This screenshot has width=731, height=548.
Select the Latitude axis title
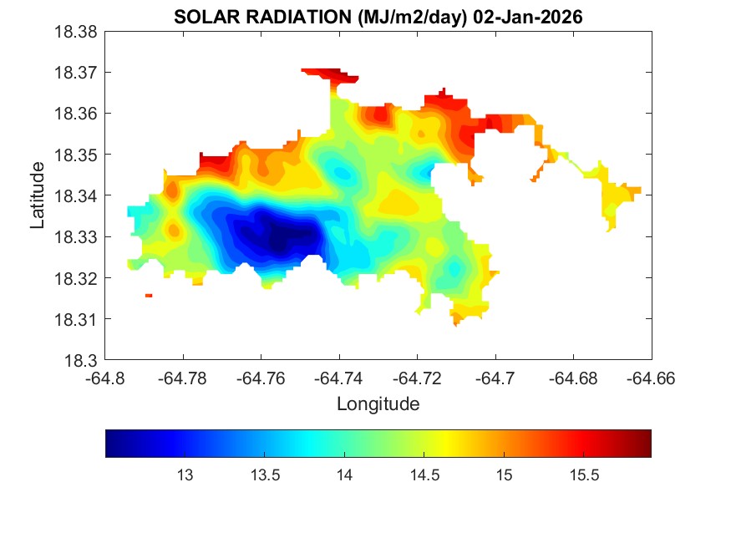38,196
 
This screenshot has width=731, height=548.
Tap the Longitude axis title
378,404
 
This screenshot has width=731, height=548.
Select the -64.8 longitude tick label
106,378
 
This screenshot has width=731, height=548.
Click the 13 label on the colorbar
185,475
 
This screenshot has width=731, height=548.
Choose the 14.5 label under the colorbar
424,475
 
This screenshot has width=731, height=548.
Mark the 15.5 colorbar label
584,475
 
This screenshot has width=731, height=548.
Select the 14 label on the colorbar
344,475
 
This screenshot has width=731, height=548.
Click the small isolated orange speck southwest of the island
149,296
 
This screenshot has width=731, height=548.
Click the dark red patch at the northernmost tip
330,75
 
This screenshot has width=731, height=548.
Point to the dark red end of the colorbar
643,444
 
